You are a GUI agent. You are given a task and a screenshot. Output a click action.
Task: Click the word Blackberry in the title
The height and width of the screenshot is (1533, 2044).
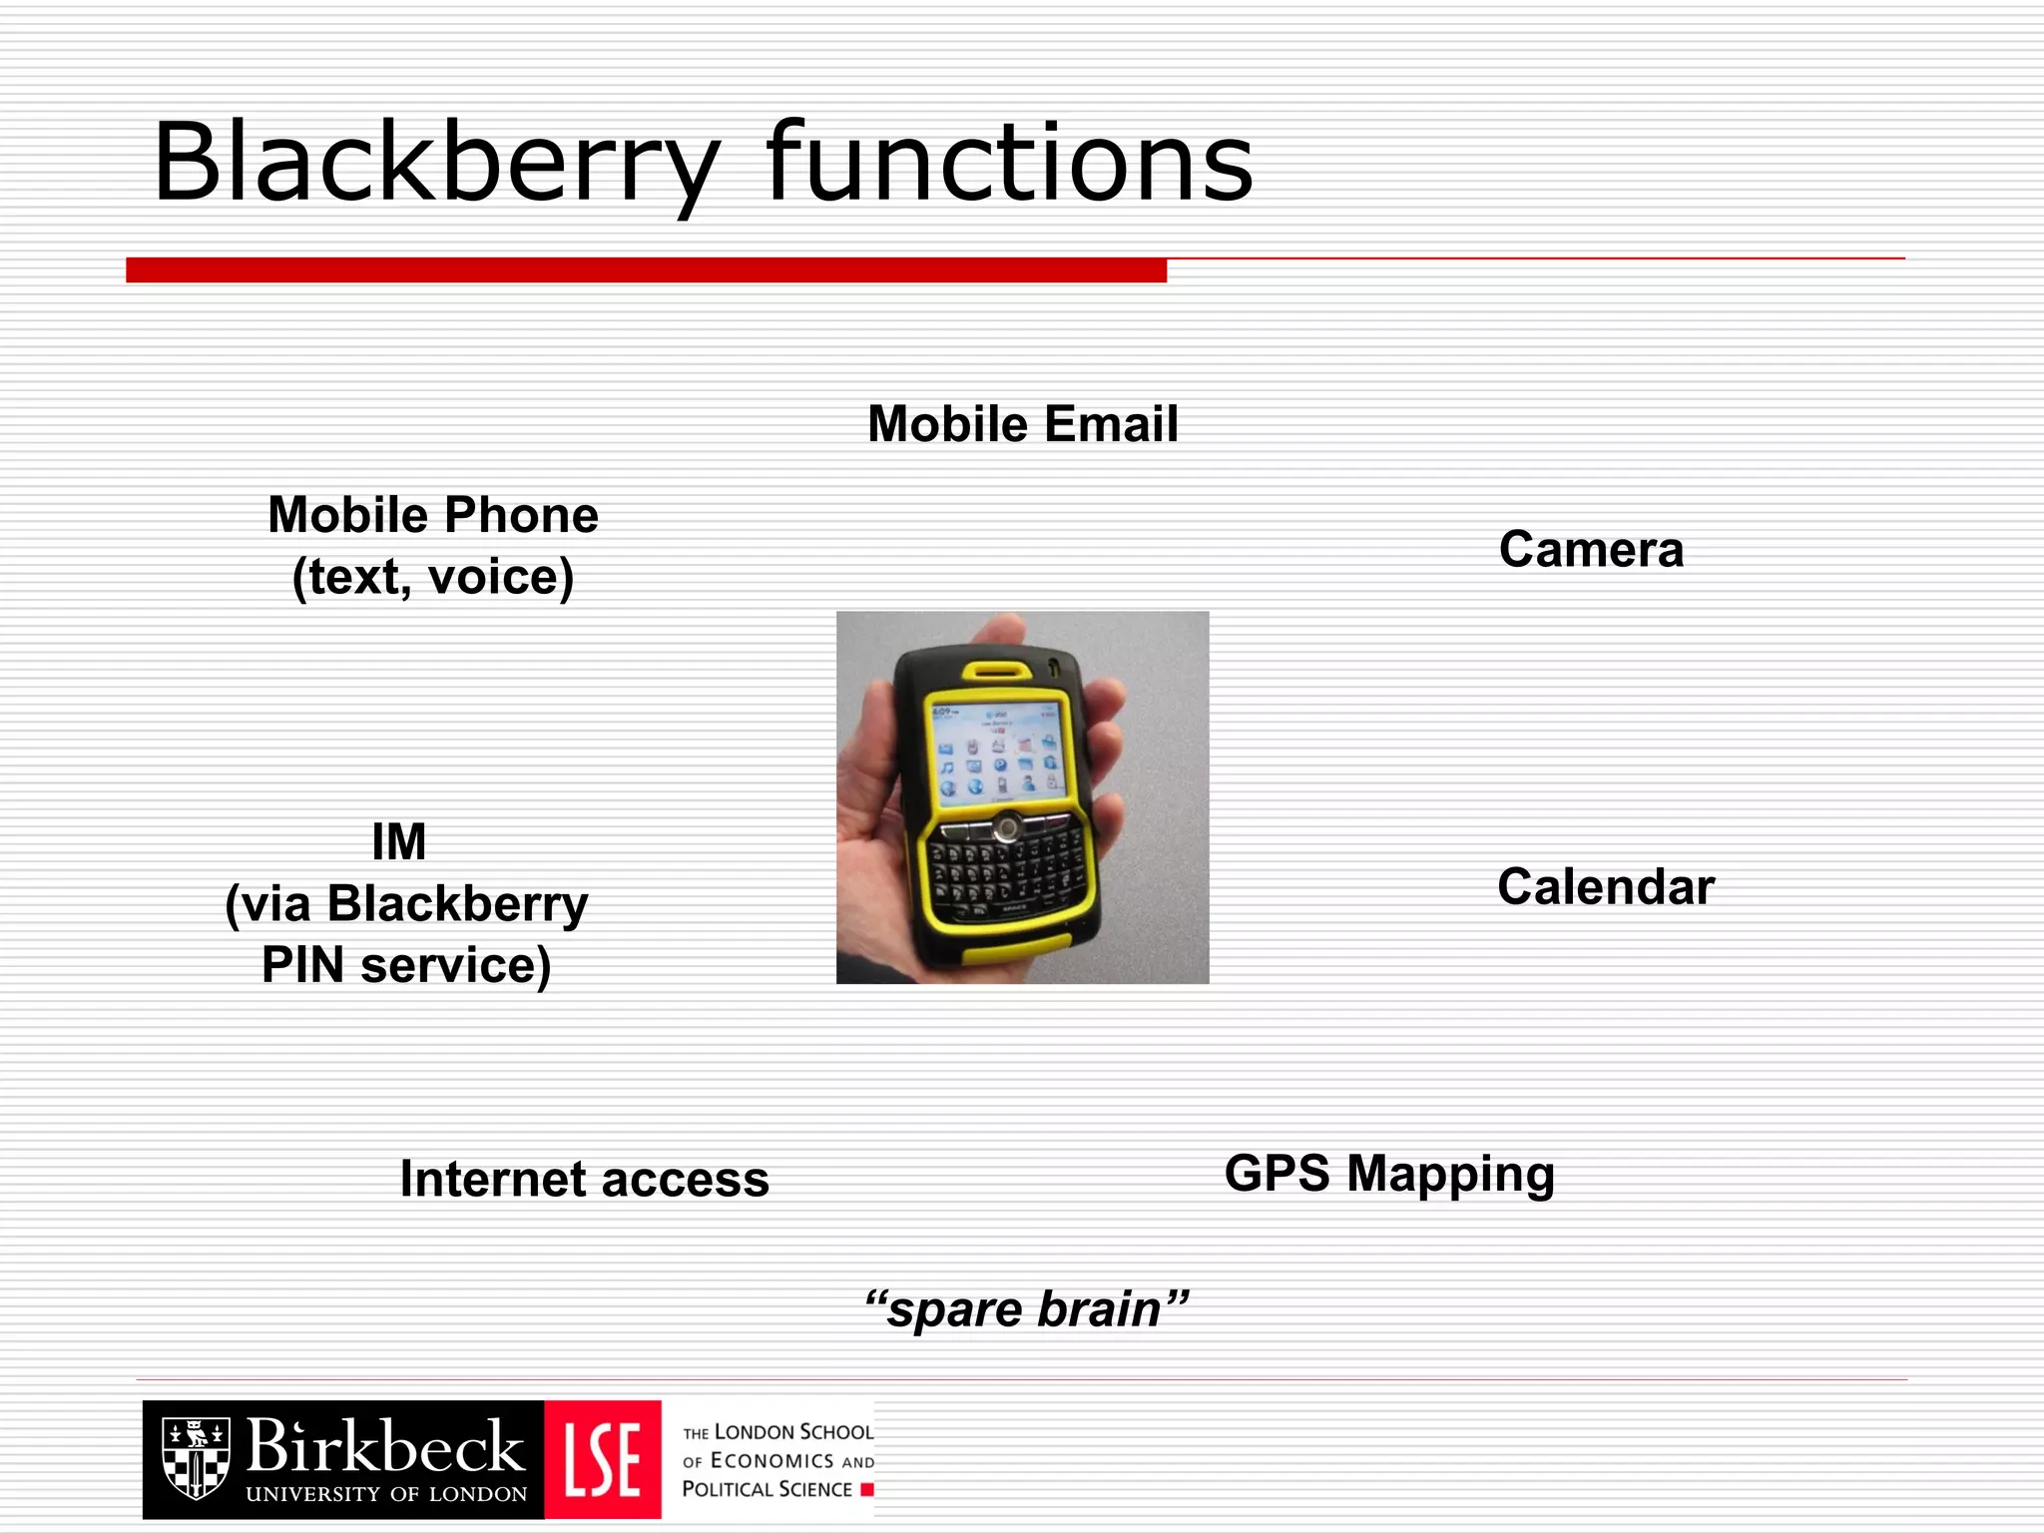pos(435,163)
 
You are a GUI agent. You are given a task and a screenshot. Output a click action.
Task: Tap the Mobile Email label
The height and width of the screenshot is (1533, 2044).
pos(1023,424)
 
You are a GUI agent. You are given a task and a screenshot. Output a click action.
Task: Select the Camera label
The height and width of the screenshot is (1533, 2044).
pos(1591,550)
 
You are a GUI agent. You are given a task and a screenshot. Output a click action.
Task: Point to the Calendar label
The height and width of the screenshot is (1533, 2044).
pos(1606,887)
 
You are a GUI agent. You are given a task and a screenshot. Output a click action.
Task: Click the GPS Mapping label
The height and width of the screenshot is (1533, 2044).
pos(1389,1174)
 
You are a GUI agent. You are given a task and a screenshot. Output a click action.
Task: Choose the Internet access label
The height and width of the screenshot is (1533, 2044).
pos(585,1179)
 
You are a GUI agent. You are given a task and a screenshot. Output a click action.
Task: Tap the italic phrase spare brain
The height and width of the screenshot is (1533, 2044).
pos(1027,1308)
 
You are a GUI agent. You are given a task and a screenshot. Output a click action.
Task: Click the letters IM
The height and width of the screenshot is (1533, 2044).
pos(399,841)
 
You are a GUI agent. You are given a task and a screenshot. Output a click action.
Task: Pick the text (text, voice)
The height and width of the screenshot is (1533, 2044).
pos(433,577)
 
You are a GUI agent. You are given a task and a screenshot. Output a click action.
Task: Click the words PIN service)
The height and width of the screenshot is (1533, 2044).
pos(406,965)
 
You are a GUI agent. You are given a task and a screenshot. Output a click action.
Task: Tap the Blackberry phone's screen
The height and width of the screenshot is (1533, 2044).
pos(996,750)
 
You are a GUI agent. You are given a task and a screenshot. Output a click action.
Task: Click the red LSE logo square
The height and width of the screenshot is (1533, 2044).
pos(603,1459)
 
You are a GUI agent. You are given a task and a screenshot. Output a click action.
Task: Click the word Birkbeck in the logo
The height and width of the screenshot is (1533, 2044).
pos(385,1447)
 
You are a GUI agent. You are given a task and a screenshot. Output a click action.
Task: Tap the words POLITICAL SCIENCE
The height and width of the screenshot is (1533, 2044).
pos(766,1489)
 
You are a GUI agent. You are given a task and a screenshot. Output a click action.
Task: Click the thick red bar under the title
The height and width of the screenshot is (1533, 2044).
pos(646,270)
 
